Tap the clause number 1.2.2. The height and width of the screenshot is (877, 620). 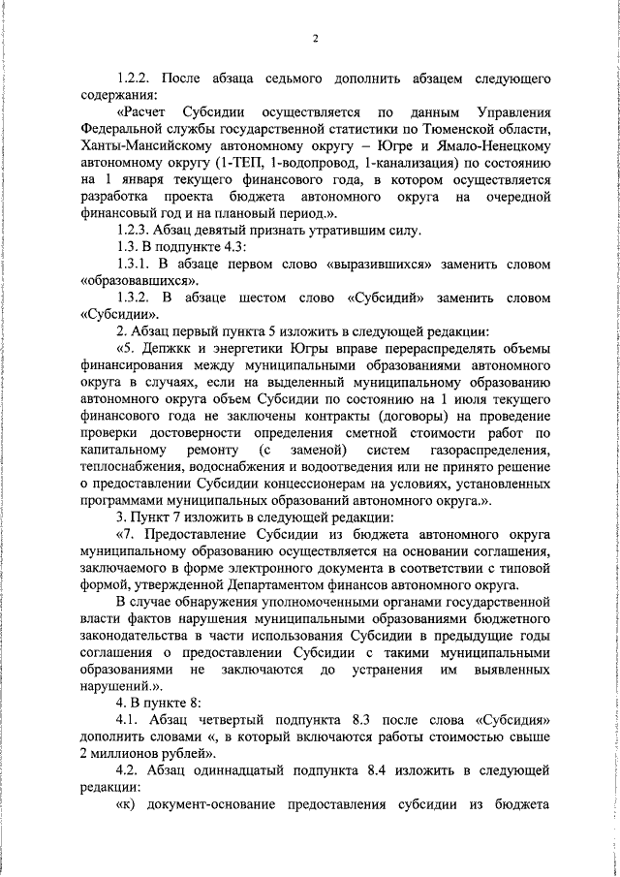[135, 78]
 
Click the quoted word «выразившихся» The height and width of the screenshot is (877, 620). [377, 265]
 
